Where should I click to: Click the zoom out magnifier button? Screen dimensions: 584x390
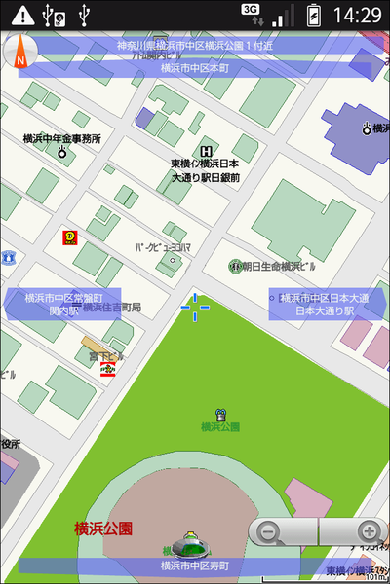(x=271, y=532)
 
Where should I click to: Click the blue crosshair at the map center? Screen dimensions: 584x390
(x=195, y=306)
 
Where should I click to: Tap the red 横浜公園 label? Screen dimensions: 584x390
(x=103, y=529)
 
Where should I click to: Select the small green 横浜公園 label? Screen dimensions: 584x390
(x=220, y=426)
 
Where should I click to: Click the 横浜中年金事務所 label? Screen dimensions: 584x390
(x=62, y=139)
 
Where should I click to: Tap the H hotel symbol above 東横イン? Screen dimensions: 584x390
(x=206, y=151)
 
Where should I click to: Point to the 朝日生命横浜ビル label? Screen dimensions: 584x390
(x=279, y=266)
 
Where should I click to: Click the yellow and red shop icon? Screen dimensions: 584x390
(x=70, y=237)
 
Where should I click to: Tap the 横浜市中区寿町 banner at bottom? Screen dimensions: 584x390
(x=195, y=566)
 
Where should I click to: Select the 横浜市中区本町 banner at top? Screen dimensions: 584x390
(x=195, y=69)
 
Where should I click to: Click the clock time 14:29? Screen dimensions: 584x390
(x=357, y=15)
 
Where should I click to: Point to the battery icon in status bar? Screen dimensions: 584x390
(x=313, y=15)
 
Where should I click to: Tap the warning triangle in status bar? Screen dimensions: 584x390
(x=21, y=15)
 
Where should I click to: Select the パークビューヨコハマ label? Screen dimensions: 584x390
(x=163, y=247)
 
